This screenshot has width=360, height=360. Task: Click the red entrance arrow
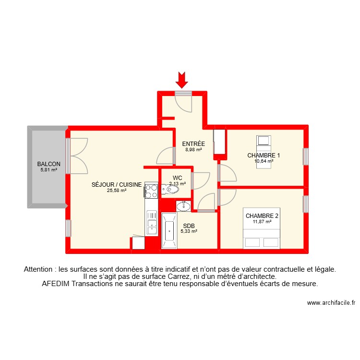tap(182, 80)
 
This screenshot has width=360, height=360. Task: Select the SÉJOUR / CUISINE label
tap(117, 184)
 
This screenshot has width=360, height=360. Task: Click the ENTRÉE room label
tap(193, 144)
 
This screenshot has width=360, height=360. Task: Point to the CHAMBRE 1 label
tap(264, 156)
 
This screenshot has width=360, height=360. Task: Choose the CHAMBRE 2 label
tap(262, 216)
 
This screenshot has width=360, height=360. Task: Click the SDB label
tap(188, 226)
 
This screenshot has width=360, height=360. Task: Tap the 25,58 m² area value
tap(117, 190)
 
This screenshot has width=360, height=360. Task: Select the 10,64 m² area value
tap(264, 161)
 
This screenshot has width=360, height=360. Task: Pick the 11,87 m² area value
tap(262, 222)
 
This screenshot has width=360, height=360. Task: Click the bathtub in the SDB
tap(169, 231)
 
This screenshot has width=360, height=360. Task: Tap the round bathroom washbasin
tap(183, 206)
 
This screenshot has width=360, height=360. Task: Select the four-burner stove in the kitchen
tap(151, 192)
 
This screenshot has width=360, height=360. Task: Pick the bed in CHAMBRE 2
tap(262, 239)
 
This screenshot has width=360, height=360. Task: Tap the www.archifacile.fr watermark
tap(331, 303)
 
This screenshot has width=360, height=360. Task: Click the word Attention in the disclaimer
tap(40, 270)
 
